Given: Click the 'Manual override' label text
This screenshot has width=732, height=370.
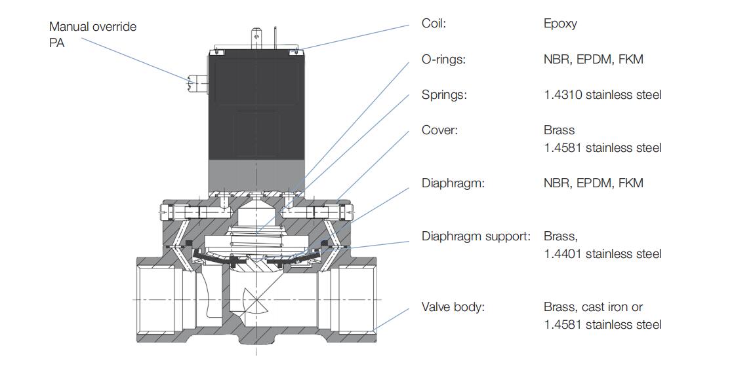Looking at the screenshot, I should (x=93, y=27).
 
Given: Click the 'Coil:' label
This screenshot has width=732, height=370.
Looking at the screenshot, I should (x=434, y=24).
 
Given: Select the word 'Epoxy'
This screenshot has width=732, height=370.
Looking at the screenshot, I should (x=560, y=24).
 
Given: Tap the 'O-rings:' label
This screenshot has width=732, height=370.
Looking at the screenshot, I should (x=443, y=60).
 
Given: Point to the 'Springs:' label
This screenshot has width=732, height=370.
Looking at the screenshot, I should (x=444, y=95).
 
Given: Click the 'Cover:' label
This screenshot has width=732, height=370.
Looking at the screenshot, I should (x=439, y=130).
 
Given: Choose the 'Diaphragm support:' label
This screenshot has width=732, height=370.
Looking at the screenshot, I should (x=476, y=236).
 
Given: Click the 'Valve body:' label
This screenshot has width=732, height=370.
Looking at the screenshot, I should (x=453, y=306).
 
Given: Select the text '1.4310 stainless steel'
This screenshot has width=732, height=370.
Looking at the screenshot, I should (x=602, y=95).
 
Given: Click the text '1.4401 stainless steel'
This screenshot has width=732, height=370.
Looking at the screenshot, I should (x=602, y=253).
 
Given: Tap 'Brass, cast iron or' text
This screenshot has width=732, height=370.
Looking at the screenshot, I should (x=593, y=306).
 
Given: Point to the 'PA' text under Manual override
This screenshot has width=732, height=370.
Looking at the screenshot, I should (x=58, y=44).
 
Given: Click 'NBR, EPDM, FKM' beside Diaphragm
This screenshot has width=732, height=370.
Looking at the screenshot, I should (x=593, y=183).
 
